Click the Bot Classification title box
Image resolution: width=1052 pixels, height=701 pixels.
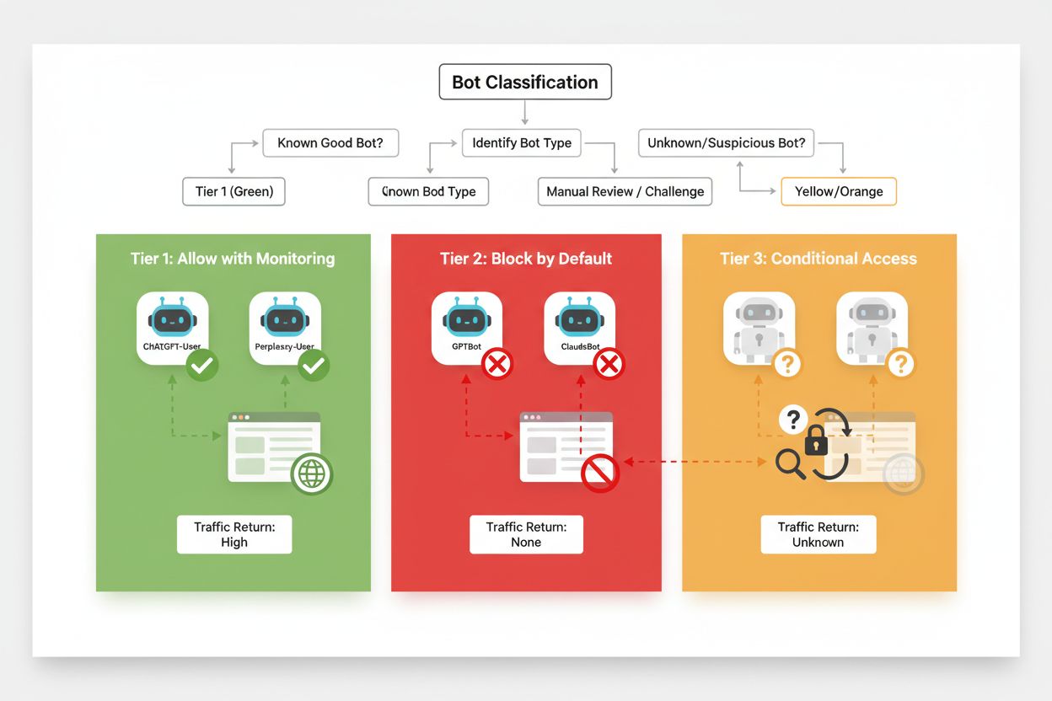[x=525, y=83]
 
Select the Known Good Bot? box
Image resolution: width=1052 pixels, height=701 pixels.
[x=330, y=143]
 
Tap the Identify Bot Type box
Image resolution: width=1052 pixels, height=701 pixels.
[x=522, y=143]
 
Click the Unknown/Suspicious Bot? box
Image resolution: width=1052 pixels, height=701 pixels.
[x=726, y=143]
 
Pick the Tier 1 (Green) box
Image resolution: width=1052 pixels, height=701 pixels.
[x=234, y=191]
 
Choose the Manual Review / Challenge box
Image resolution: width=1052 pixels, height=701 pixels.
[x=625, y=191]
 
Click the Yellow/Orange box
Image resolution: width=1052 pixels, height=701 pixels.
[x=839, y=191]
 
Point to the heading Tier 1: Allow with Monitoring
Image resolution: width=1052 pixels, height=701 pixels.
[x=233, y=259]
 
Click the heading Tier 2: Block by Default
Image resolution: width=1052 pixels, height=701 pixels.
[x=526, y=259]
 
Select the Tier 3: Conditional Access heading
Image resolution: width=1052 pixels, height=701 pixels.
[x=818, y=259]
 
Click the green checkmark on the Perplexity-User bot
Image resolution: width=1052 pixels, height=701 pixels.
[x=314, y=365]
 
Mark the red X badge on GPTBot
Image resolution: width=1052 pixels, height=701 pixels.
[x=497, y=365]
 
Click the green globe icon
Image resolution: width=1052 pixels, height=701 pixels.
[x=312, y=474]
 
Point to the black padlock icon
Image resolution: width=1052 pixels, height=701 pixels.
[x=815, y=441]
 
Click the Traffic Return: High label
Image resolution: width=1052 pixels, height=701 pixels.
[x=234, y=535]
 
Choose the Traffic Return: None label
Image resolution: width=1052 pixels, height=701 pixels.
[x=526, y=535]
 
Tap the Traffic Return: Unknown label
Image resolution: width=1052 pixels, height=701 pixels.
[x=818, y=535]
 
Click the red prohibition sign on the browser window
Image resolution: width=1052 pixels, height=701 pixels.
[x=600, y=474]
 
